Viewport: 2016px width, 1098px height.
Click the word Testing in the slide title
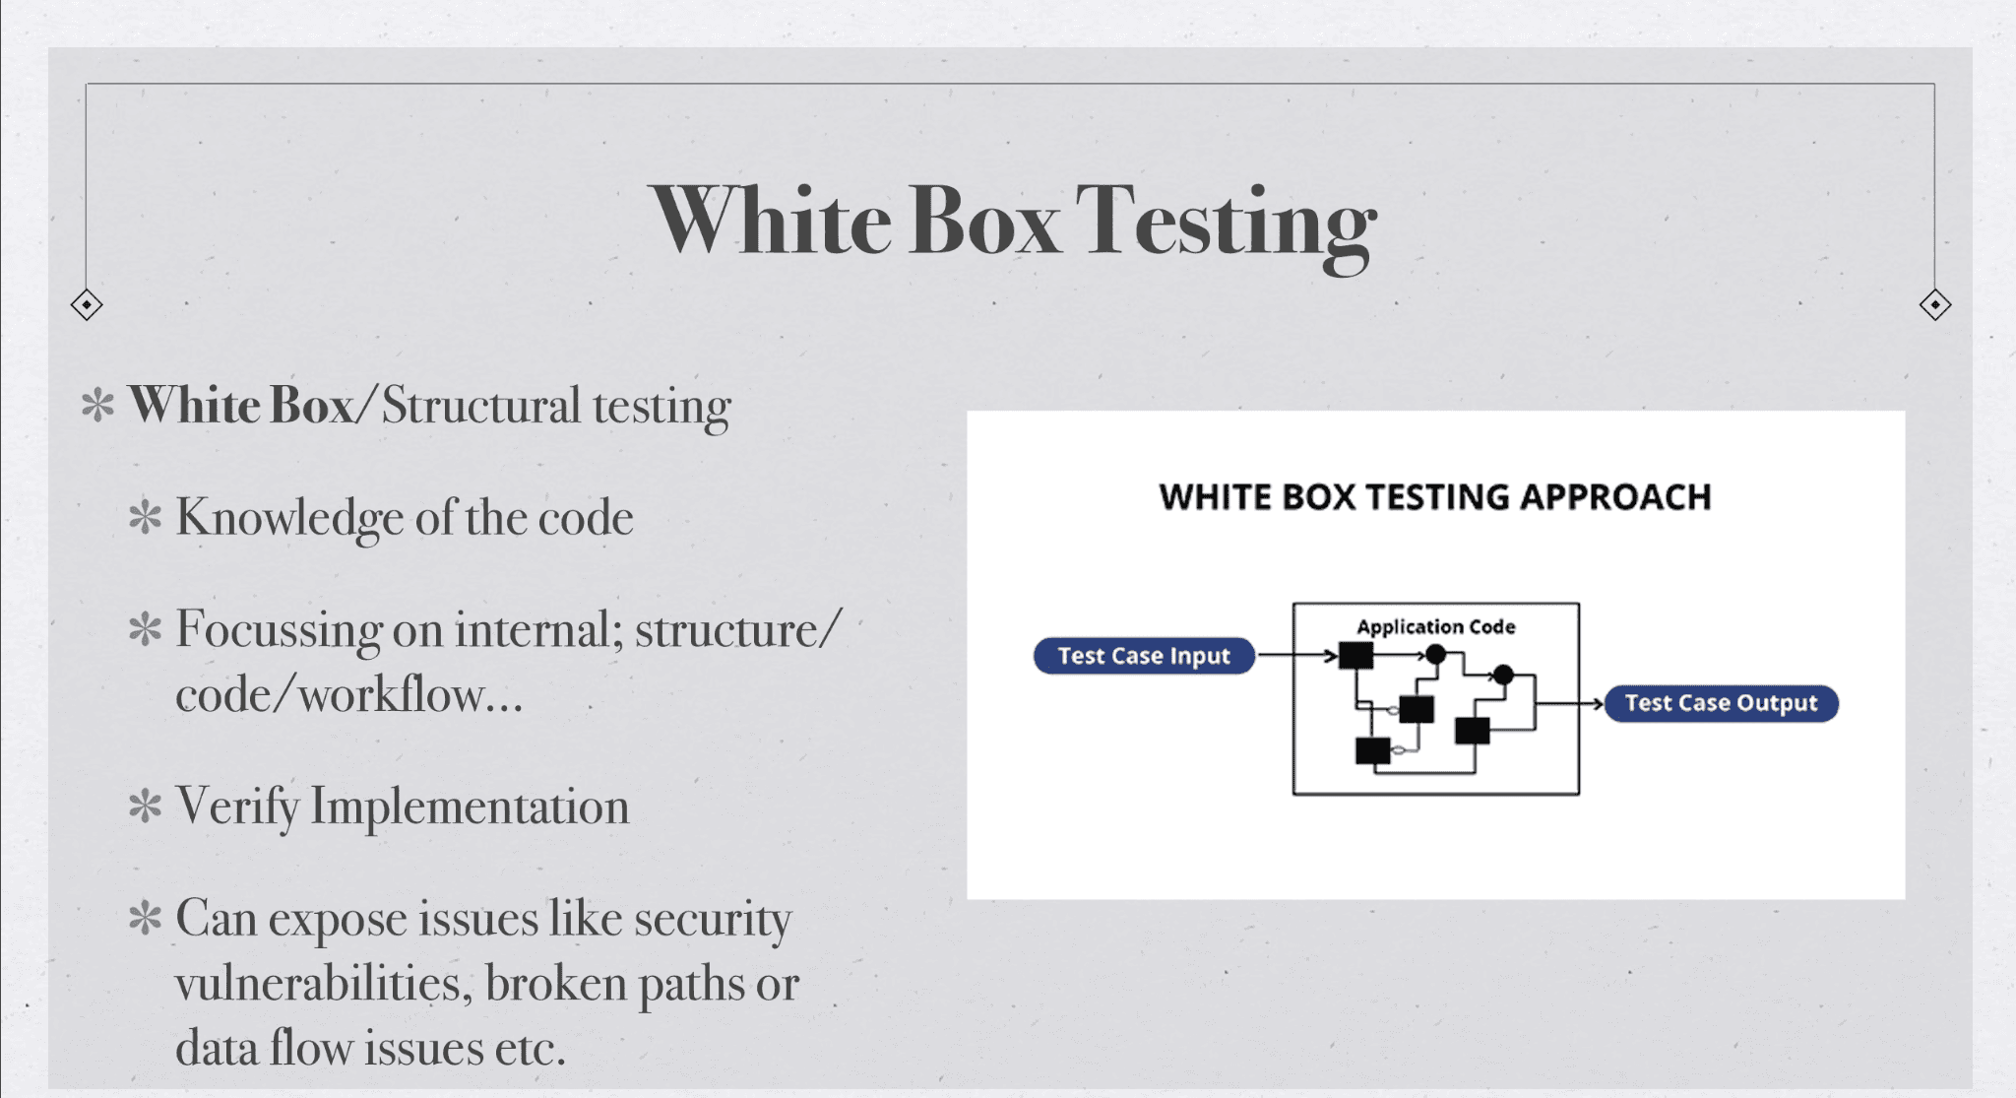tap(1225, 225)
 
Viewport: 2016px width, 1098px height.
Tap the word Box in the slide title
tap(983, 221)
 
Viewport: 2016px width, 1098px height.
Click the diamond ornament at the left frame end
tap(87, 305)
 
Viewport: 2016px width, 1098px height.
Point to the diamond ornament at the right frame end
tap(1934, 305)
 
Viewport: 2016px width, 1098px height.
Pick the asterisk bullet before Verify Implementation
tap(145, 806)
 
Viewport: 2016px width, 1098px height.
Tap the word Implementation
tap(470, 807)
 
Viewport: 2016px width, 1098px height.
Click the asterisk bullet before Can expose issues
tap(145, 918)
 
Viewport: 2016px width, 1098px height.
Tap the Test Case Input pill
tap(1144, 656)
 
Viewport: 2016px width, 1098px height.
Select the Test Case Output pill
tap(1722, 703)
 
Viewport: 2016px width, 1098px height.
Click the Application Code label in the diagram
tap(1436, 626)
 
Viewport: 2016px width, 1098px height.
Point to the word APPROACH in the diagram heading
tap(1615, 497)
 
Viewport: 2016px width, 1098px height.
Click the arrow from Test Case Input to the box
tap(1298, 655)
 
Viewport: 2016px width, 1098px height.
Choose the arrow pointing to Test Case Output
tap(1571, 703)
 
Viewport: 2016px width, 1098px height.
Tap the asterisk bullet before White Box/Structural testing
tap(97, 405)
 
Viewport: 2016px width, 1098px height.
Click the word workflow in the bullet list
tap(391, 695)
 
